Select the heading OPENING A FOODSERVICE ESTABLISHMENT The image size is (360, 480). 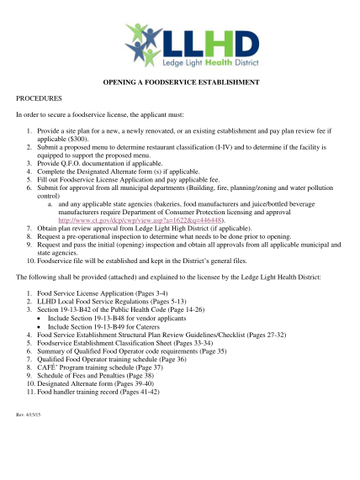[x=180, y=82]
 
